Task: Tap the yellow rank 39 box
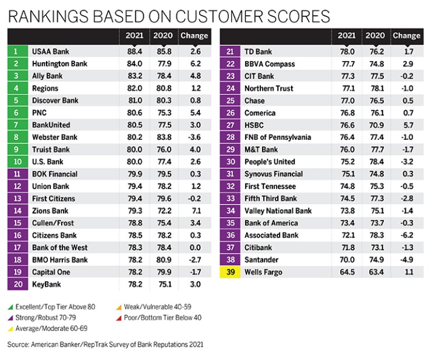(x=230, y=272)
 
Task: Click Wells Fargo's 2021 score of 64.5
(x=347, y=272)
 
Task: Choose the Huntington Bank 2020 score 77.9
(x=162, y=64)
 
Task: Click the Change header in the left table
(x=193, y=36)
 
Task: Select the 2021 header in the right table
(x=347, y=36)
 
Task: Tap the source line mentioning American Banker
(x=105, y=345)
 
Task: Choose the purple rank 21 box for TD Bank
(x=230, y=52)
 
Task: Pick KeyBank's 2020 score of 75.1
(x=162, y=284)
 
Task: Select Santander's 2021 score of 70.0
(x=347, y=260)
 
